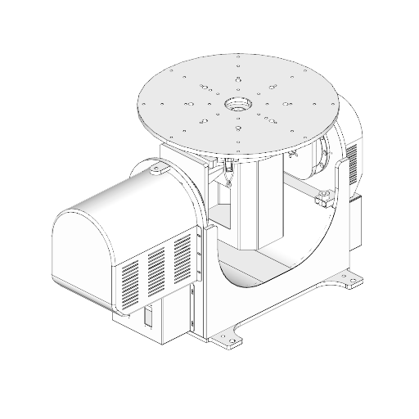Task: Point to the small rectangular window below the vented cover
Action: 147,318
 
